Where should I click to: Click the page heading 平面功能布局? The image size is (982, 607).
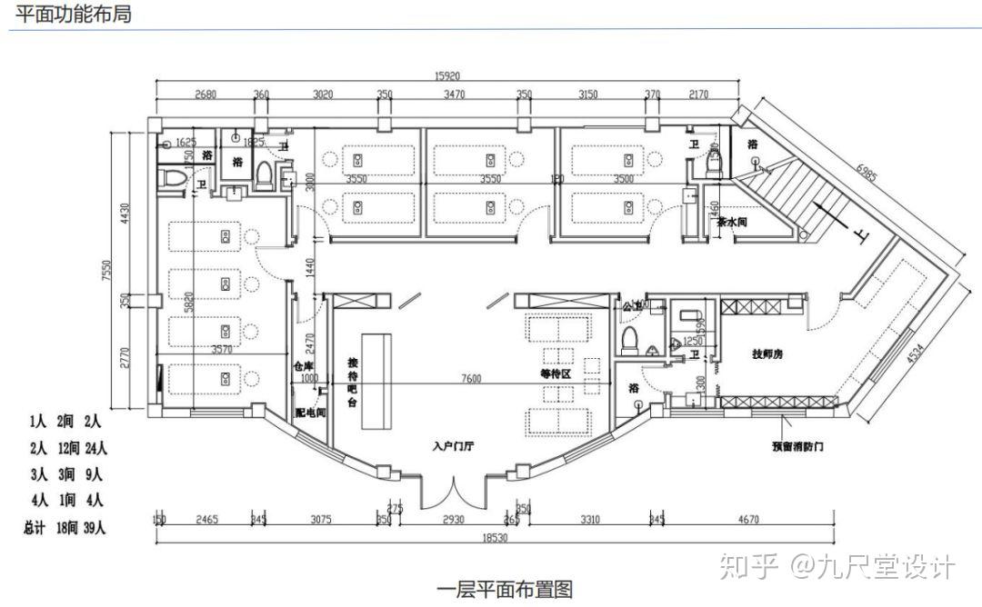point(74,14)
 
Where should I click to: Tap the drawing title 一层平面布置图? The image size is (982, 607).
point(506,590)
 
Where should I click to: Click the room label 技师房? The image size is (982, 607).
point(767,353)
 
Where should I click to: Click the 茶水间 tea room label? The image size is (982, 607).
point(732,222)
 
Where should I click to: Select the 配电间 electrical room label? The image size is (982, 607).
point(310,412)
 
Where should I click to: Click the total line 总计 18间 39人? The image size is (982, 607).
point(65,526)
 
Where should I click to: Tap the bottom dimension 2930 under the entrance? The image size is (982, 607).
point(455,521)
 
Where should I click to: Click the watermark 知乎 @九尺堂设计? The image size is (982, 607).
point(837,568)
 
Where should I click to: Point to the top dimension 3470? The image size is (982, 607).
point(455,95)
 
